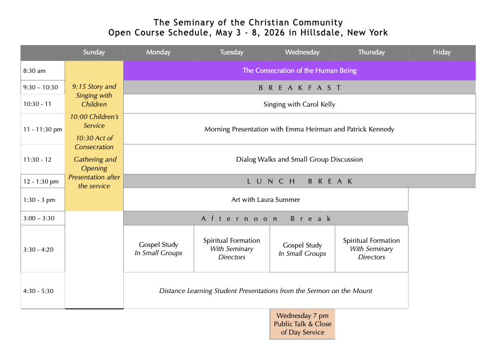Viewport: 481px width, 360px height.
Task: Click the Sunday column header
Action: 94,53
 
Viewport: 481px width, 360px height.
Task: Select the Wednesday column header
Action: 302,53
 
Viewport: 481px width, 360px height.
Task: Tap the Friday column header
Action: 441,53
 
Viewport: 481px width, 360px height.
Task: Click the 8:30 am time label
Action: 34,71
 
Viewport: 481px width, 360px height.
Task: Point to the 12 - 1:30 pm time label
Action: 41,182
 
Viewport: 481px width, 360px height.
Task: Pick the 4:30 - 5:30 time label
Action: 38,291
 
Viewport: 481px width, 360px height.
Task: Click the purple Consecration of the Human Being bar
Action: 299,71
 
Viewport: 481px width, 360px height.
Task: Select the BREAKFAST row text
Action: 300,88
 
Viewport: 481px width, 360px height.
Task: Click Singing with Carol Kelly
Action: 299,104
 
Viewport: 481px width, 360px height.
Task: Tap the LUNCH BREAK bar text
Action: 300,182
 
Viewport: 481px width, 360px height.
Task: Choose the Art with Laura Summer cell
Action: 265,200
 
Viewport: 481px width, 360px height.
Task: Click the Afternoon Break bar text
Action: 266,218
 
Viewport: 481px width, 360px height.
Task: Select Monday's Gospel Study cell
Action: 158,249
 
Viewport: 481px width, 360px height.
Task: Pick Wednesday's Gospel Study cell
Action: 302,249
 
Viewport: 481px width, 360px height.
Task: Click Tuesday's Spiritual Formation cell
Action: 232,249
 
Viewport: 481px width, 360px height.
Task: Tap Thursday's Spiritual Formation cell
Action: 371,249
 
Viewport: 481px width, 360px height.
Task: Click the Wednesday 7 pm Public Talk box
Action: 302,324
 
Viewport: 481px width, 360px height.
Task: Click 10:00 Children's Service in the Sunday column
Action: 94,121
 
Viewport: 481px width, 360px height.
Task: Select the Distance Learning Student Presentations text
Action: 265,291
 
